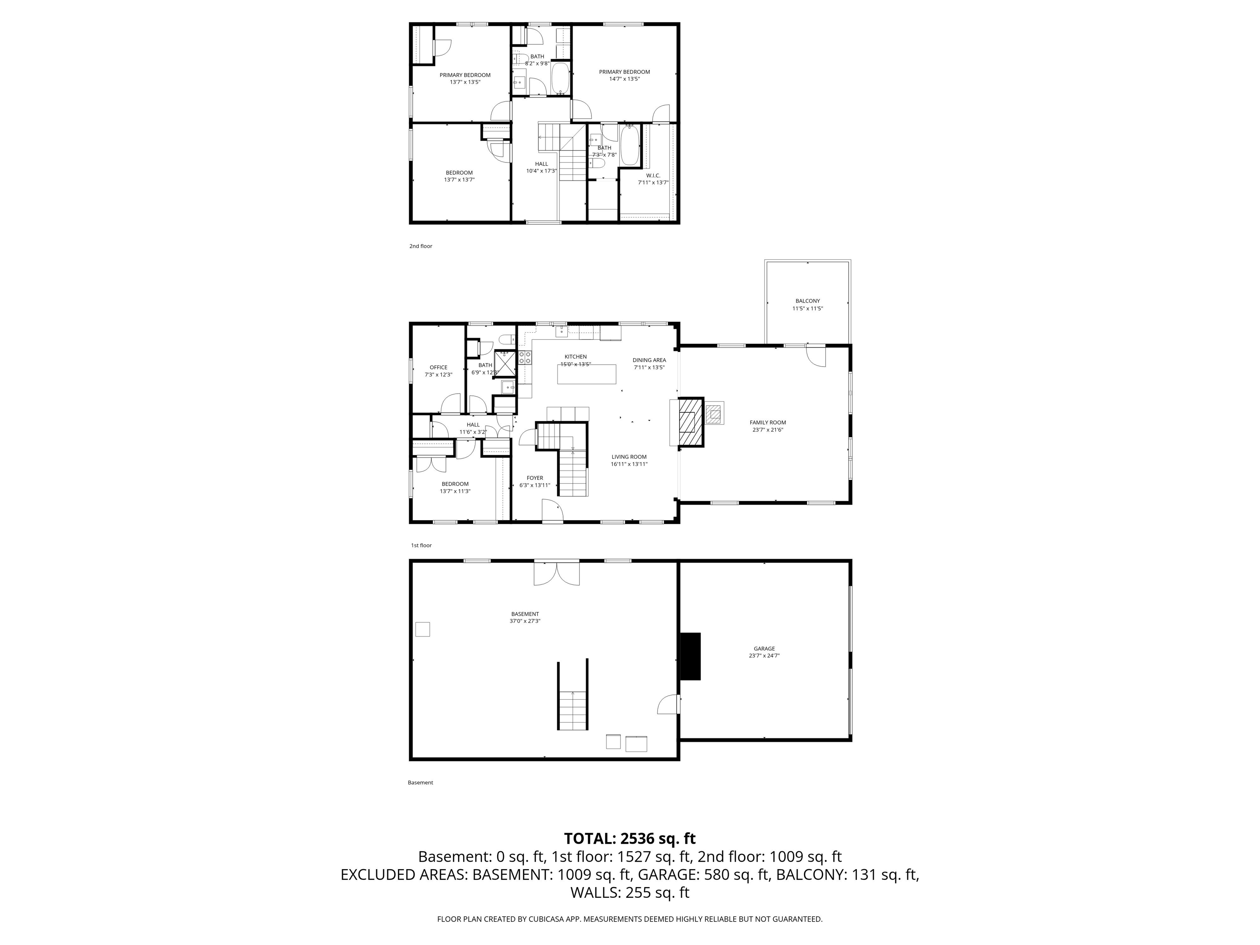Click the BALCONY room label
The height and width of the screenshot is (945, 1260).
[807, 301]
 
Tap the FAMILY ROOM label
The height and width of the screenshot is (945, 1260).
[767, 422]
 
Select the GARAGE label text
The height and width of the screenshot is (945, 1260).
[764, 648]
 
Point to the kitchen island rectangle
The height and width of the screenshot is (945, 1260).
[587, 374]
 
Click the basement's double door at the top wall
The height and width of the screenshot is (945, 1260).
[557, 573]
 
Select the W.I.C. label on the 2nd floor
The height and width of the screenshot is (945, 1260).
[653, 176]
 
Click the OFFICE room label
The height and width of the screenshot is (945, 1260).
[438, 367]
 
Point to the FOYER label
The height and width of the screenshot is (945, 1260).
[534, 478]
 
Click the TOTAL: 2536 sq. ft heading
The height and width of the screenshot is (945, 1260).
[630, 838]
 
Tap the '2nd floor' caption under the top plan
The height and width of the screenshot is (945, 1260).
[420, 246]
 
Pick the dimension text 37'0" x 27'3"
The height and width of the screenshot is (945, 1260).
[525, 621]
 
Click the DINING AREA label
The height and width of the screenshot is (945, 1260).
[649, 360]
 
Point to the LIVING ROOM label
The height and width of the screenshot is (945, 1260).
[629, 457]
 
